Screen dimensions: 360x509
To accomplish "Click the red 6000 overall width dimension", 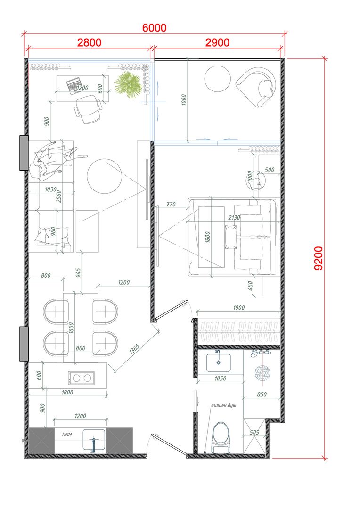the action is [x=154, y=28].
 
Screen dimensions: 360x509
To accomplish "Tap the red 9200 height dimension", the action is [x=319, y=258].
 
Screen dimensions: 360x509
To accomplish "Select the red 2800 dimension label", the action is [x=89, y=42].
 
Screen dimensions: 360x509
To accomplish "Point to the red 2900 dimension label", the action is [x=218, y=42].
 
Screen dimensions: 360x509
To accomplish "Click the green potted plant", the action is [x=129, y=84].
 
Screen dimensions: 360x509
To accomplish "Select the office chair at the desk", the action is [x=89, y=109].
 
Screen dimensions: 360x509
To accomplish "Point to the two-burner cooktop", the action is [x=82, y=378].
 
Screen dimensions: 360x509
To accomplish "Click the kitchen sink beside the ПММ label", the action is [x=94, y=441].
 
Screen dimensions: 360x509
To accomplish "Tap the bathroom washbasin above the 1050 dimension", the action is [x=219, y=362].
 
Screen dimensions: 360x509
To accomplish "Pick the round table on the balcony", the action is [x=218, y=79].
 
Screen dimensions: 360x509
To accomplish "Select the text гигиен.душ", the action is [x=224, y=406].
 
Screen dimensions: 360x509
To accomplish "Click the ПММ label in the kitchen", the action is [x=67, y=435].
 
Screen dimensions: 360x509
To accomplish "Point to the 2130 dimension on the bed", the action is [x=234, y=217].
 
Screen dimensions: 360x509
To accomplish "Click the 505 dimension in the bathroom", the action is [x=254, y=432].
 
